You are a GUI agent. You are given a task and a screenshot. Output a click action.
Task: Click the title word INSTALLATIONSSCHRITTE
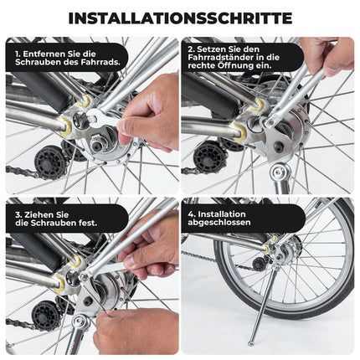180,18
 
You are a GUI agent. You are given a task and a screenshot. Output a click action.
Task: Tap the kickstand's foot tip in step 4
250,342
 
